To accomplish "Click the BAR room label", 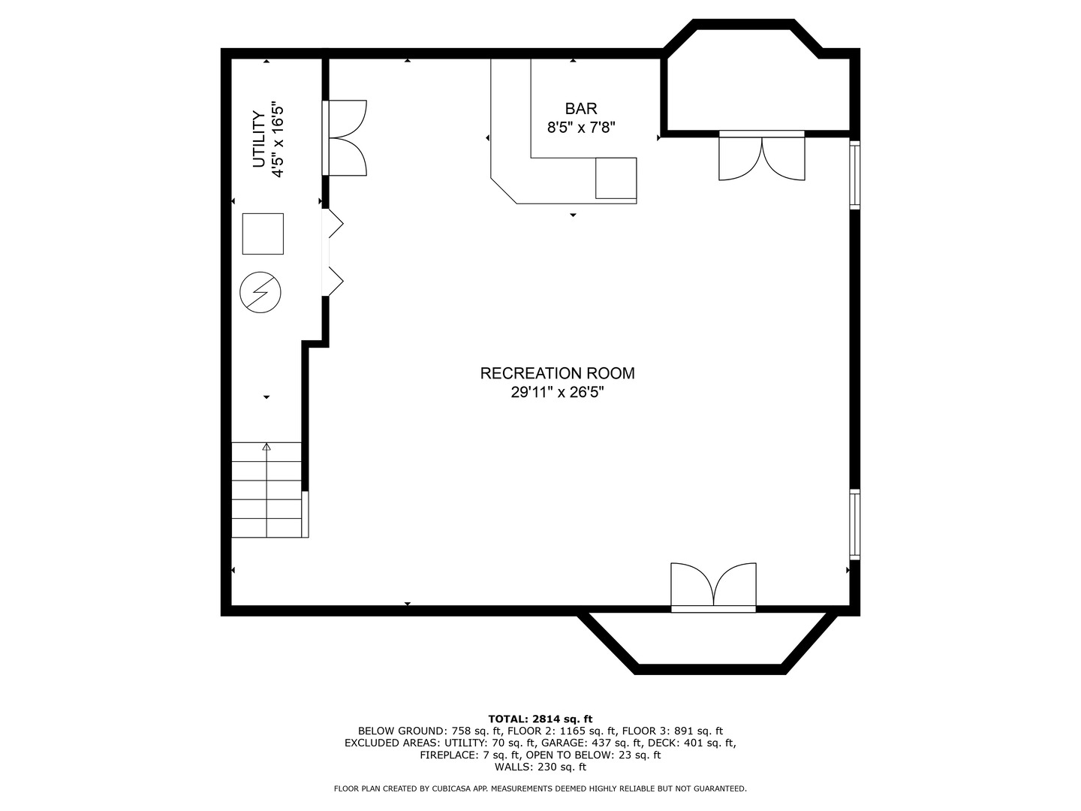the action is click(581, 108).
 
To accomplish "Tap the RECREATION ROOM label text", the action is click(558, 373).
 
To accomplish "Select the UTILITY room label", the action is click(259, 140).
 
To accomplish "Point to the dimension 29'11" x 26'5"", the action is click(558, 393).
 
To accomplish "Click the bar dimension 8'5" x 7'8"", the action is click(581, 128).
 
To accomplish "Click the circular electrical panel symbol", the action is click(260, 293).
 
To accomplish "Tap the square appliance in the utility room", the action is click(263, 234).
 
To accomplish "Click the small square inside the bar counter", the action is click(616, 178).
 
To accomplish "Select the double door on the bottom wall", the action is click(713, 587).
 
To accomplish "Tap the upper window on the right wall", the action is click(855, 175).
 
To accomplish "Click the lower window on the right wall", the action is click(855, 524).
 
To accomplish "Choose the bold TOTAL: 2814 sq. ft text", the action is click(540, 719).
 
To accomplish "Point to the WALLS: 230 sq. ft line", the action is click(540, 767).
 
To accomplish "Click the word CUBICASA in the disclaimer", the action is click(453, 788).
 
